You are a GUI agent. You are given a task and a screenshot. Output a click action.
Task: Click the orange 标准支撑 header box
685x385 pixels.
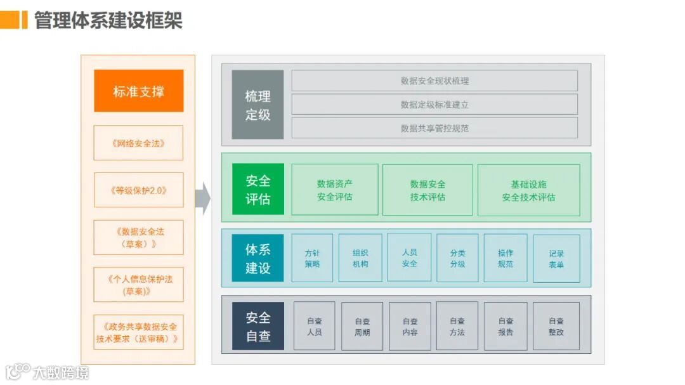click(x=138, y=91)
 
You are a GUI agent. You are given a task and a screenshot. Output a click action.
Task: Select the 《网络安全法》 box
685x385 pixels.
click(x=138, y=143)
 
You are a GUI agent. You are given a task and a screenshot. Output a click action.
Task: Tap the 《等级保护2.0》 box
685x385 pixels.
click(x=138, y=190)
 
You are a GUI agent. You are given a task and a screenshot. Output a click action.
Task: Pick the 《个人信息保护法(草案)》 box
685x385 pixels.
click(x=138, y=285)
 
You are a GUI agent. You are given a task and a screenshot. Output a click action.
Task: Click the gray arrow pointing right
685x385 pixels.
click(x=202, y=198)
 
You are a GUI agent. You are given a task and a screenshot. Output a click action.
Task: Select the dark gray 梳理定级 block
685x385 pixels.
click(x=258, y=105)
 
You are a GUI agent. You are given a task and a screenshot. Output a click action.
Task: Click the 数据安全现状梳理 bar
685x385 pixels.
click(x=434, y=81)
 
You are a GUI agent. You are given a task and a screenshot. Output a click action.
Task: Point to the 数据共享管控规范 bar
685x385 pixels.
click(x=434, y=127)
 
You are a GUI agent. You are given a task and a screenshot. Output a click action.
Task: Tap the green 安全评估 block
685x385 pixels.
click(x=258, y=190)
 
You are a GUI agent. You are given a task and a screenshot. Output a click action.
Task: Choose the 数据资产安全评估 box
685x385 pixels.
click(x=335, y=190)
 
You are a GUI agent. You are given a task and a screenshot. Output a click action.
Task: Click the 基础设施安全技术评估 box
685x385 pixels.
click(x=528, y=190)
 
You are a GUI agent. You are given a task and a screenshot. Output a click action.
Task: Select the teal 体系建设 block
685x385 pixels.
click(x=258, y=258)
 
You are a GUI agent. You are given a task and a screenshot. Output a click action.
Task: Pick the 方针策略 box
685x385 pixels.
click(x=312, y=258)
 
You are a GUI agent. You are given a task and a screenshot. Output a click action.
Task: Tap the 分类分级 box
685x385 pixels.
click(x=457, y=258)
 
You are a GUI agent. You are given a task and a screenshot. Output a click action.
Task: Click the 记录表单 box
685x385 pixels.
click(x=556, y=258)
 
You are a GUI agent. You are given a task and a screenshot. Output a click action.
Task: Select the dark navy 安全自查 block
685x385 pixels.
click(x=258, y=326)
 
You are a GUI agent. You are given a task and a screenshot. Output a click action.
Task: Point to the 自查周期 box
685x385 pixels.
click(x=362, y=326)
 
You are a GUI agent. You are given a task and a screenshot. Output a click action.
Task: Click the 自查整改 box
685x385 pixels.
click(x=556, y=326)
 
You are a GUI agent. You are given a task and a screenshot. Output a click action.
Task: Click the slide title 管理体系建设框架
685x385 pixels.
click(x=108, y=20)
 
